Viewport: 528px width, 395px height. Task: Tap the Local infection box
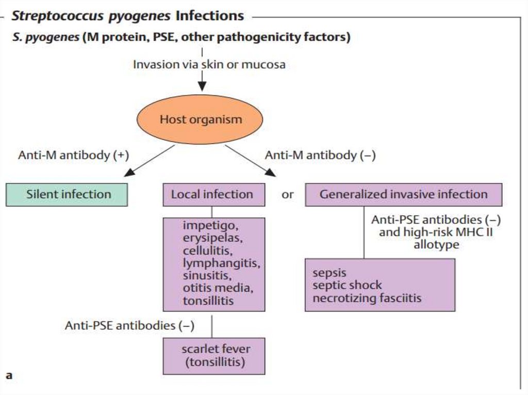213,195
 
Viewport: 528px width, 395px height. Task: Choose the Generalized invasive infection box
403,195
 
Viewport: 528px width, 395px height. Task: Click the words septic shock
347,285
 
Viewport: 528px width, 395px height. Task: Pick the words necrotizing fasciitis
367,298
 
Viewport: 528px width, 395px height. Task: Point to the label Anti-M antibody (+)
73,156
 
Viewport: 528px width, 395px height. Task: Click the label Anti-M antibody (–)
320,156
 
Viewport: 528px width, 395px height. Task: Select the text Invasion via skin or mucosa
209,65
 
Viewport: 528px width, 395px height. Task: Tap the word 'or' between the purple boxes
288,195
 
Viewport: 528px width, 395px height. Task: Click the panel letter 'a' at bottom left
9,375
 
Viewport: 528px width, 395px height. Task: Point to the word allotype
436,245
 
